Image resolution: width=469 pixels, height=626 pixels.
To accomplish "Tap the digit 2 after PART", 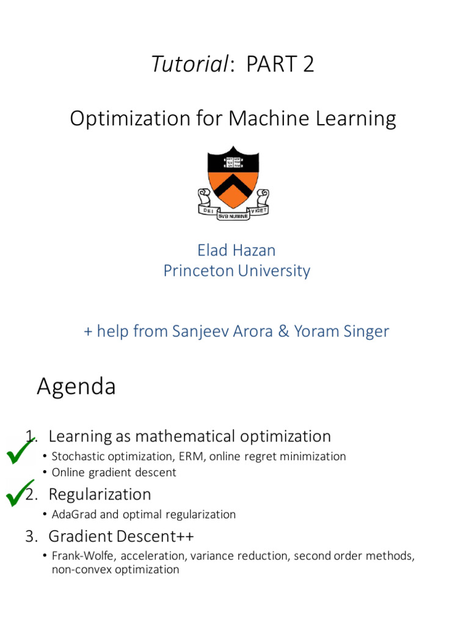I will point(308,64).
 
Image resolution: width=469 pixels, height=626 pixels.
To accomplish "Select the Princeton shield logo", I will point(233,177).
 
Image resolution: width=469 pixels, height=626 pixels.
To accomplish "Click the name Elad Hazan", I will point(237,250).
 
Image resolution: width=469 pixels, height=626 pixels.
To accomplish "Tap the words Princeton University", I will point(237,271).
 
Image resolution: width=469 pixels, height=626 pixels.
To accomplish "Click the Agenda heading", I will point(76,386).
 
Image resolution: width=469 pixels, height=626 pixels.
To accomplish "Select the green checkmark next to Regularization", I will point(20,493).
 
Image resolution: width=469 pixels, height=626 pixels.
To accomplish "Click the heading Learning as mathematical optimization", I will point(189,436).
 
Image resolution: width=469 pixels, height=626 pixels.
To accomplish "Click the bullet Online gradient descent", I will point(114,472).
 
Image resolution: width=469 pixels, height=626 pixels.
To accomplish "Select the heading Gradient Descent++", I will point(121,536).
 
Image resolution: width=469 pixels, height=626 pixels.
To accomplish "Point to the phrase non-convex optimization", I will point(115,570).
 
